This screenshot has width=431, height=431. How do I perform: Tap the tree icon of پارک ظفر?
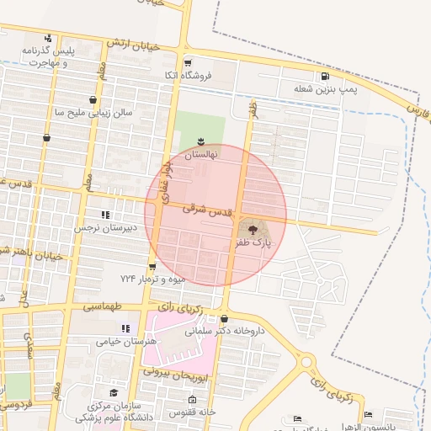[x=253, y=228]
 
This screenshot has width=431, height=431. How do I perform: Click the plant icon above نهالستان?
[x=201, y=141]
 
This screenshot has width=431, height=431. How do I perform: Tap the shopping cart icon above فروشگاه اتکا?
[x=188, y=62]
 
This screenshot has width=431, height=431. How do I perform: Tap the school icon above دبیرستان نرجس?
[x=105, y=215]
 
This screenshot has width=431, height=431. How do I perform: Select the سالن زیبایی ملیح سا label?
[x=92, y=111]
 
